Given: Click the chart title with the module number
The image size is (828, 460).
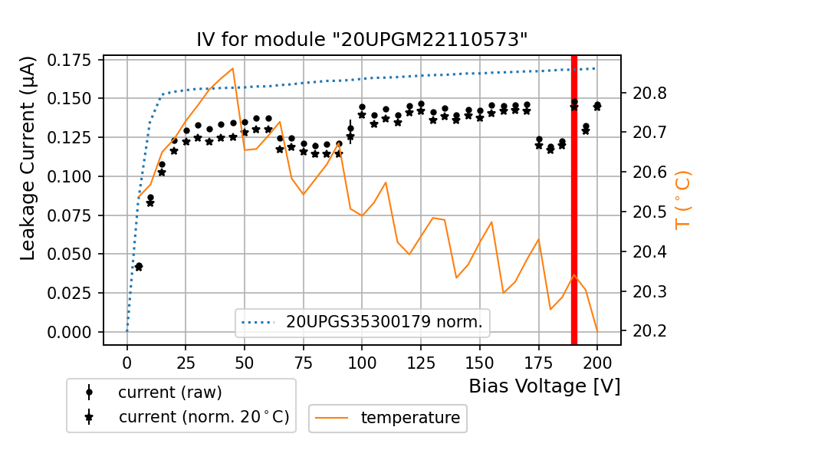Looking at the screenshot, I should pyautogui.click(x=362, y=40).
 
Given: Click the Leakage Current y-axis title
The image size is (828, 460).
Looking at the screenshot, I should pyautogui.click(x=28, y=158).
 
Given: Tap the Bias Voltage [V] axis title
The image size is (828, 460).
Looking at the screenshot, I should pyautogui.click(x=544, y=386).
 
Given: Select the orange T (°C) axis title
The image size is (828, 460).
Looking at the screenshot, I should pyautogui.click(x=682, y=201).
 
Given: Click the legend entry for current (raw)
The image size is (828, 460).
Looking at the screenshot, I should pyautogui.click(x=169, y=392).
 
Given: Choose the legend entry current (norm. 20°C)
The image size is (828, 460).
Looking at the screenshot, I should pyautogui.click(x=203, y=417).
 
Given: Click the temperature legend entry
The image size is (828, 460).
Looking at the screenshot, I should pyautogui.click(x=410, y=418).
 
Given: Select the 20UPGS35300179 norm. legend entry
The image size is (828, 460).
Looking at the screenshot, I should pyautogui.click(x=384, y=322).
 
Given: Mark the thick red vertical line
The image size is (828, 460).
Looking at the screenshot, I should pyautogui.click(x=573, y=199).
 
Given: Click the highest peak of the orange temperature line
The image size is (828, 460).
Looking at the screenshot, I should pyautogui.click(x=232, y=68).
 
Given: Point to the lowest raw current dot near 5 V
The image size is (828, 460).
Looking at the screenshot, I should pyautogui.click(x=139, y=266).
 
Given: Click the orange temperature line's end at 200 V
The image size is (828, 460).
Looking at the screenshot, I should pyautogui.click(x=596, y=330).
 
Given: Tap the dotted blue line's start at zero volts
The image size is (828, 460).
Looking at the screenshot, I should pyautogui.click(x=127, y=331).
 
